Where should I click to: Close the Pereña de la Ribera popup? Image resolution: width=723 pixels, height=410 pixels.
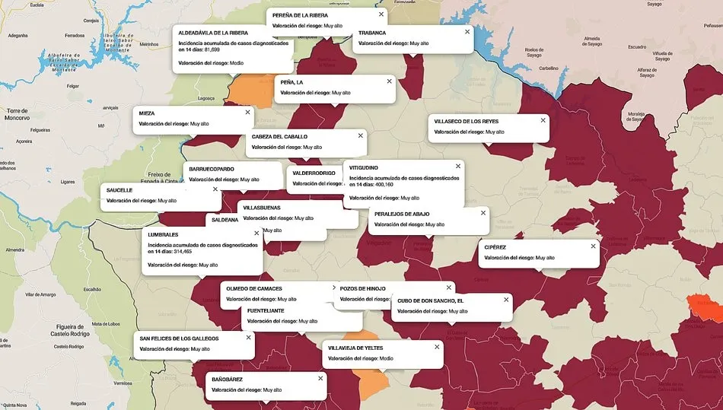pyautogui.click(x=381, y=14)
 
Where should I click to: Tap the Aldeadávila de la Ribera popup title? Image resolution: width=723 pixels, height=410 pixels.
pyautogui.click(x=213, y=33)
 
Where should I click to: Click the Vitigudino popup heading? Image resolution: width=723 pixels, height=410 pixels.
pyautogui.click(x=374, y=167)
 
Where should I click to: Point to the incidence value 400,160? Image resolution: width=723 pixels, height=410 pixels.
pyautogui.click(x=381, y=185)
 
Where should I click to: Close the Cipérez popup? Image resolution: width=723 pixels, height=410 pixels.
pyautogui.click(x=594, y=246)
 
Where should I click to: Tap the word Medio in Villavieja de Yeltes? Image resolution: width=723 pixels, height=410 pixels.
pyautogui.click(x=387, y=358)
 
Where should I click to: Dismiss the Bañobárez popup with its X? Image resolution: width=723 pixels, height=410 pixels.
pyautogui.click(x=320, y=378)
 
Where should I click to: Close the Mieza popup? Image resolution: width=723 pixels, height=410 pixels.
pyautogui.click(x=247, y=112)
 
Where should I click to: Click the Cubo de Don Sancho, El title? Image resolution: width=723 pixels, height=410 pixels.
pyautogui.click(x=430, y=300)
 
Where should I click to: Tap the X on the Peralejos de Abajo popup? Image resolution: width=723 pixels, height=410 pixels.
pyautogui.click(x=483, y=213)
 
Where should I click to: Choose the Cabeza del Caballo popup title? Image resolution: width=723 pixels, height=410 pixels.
pyautogui.click(x=279, y=136)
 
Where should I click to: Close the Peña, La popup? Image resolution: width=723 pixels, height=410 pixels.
pyautogui.click(x=389, y=81)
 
